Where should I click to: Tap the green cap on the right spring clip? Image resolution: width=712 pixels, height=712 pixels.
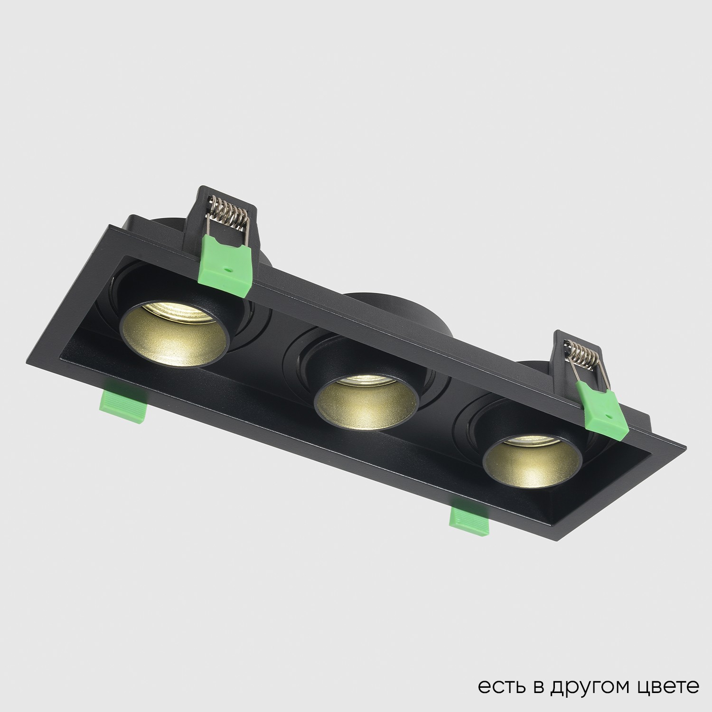[x=603, y=408]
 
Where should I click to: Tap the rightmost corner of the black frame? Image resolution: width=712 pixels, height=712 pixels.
[x=685, y=448]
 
